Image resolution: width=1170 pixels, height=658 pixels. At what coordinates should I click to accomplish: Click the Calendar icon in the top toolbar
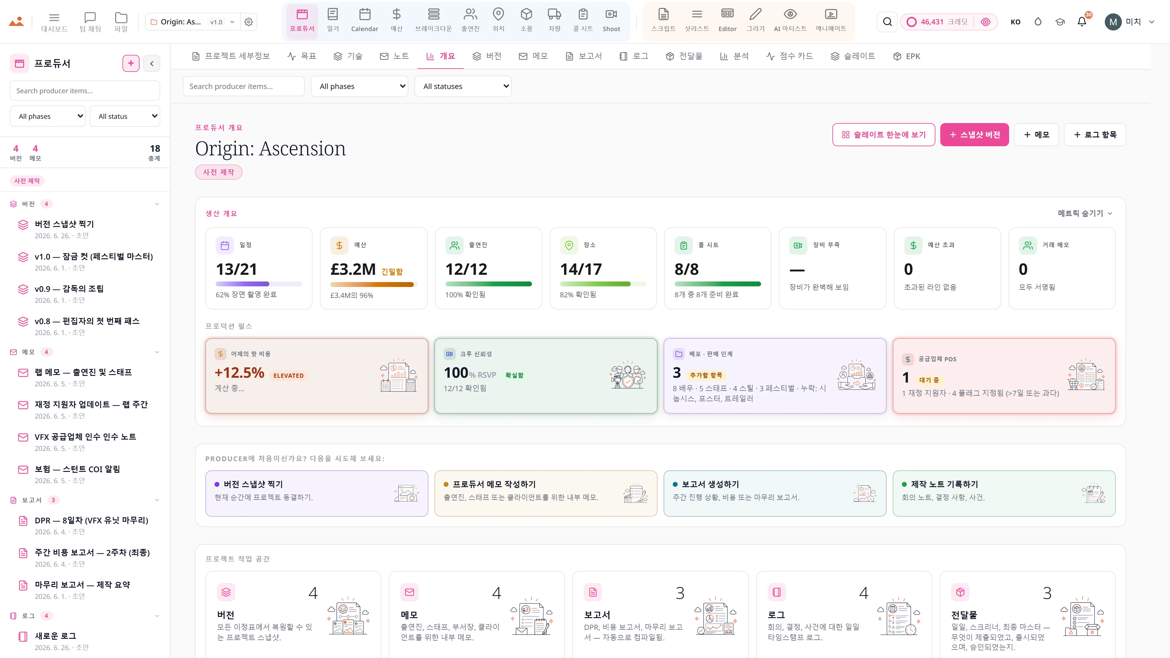[x=364, y=15]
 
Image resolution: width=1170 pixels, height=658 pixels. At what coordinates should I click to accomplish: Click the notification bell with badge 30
[x=1082, y=21]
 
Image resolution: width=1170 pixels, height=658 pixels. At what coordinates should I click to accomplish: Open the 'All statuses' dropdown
[x=463, y=86]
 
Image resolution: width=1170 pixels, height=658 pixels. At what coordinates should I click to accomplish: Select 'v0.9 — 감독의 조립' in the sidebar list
[x=69, y=289]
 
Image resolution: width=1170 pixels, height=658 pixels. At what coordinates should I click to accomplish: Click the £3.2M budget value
[x=353, y=269]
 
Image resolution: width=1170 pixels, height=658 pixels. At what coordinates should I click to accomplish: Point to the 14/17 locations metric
[x=581, y=269]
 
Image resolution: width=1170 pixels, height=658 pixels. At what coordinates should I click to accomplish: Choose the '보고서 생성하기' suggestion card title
[x=710, y=484]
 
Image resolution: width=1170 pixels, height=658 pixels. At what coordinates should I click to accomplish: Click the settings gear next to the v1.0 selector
[x=248, y=22]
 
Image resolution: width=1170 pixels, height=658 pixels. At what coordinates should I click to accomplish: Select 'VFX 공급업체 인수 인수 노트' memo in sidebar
[x=85, y=437]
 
